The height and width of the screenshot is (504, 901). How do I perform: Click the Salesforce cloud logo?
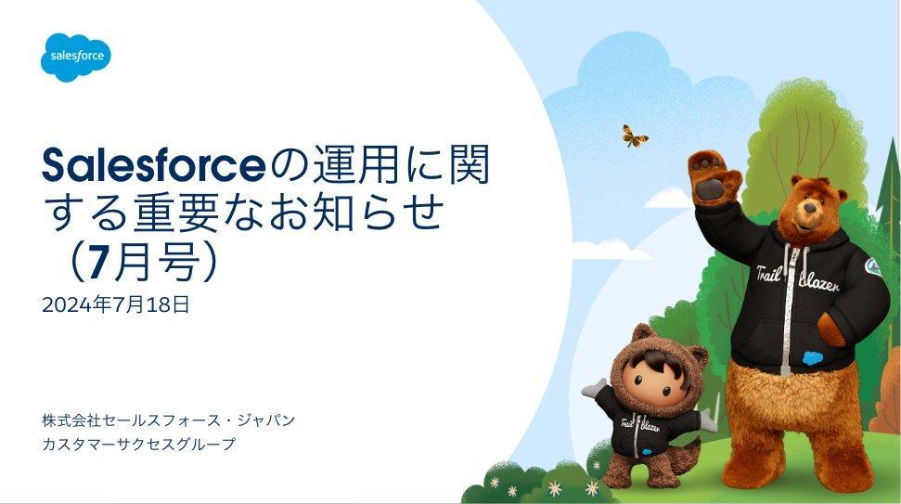76,57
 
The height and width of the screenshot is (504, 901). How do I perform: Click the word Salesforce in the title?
154,165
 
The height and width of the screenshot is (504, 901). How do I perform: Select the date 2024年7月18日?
115,304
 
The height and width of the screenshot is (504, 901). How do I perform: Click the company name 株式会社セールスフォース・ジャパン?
168,420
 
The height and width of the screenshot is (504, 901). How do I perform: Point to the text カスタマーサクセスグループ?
138,445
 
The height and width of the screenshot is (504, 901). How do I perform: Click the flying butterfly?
635,136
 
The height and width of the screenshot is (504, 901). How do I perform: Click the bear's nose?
811,208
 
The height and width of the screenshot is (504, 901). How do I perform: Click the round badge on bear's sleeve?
873,266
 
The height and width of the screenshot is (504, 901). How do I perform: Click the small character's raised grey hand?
593,388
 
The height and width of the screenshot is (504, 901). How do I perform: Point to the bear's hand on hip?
830,330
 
